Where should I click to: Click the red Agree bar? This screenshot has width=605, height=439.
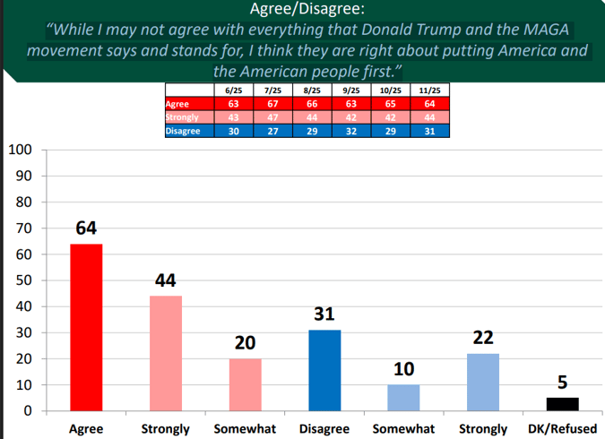tap(86, 327)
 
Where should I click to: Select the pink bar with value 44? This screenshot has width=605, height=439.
tap(166, 353)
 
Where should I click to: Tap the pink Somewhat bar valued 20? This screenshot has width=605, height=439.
tap(245, 384)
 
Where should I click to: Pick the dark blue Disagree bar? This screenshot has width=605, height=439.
tap(324, 370)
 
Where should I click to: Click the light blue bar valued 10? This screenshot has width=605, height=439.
tap(403, 398)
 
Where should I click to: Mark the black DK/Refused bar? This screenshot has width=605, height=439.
tap(562, 404)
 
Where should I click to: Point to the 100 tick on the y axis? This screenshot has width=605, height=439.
tap(21, 150)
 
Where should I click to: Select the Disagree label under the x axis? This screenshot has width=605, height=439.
tap(324, 429)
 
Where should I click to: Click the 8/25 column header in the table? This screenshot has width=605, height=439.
tap(311, 91)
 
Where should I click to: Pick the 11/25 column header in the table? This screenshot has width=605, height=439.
tap(429, 91)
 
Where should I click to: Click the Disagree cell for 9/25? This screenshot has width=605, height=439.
tap(350, 130)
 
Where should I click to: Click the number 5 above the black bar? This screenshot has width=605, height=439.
tap(562, 383)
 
